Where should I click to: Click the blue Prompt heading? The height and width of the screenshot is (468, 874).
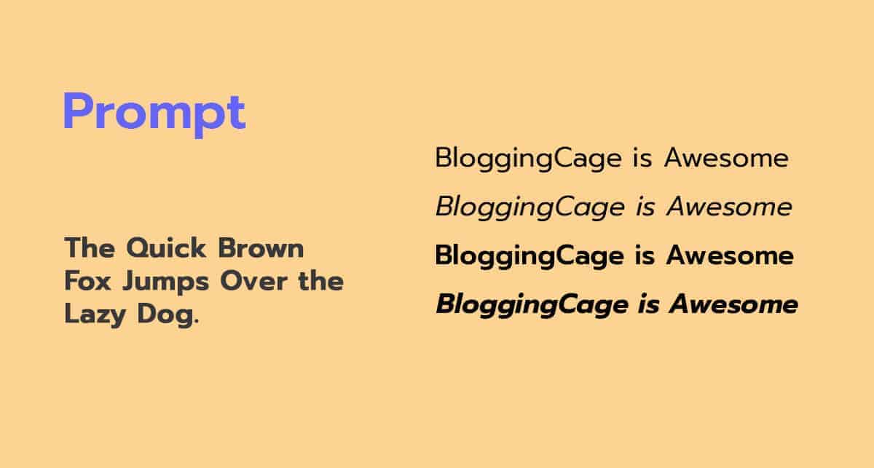154,114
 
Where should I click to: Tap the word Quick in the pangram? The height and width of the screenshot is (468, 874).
166,248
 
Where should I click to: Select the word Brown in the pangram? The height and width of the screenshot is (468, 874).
261,248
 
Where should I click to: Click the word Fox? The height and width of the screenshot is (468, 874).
88,281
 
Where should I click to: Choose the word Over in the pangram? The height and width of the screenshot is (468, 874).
254,281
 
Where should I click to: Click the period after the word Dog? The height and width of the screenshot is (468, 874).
196,322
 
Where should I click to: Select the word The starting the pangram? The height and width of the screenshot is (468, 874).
90,248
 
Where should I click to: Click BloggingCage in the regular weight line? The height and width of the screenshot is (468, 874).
528,159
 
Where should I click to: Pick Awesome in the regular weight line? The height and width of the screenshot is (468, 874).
727,159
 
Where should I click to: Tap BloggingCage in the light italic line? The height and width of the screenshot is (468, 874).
530,208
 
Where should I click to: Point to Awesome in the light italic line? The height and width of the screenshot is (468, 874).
730,207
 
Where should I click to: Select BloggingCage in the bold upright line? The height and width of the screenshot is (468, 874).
529,257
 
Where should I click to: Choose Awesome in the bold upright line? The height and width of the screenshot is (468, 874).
730,256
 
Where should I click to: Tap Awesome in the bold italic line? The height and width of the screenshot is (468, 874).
733,304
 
